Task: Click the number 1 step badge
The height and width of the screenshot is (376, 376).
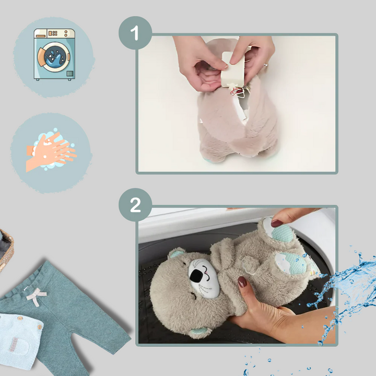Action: (x=135, y=33)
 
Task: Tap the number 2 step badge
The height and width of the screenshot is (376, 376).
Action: (x=135, y=205)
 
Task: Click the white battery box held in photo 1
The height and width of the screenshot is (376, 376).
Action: (x=233, y=69)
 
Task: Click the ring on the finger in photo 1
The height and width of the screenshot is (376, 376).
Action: (x=265, y=65)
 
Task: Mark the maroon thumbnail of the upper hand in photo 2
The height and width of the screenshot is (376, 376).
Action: (x=276, y=223)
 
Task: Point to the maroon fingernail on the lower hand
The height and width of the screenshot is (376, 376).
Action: (x=242, y=282)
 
